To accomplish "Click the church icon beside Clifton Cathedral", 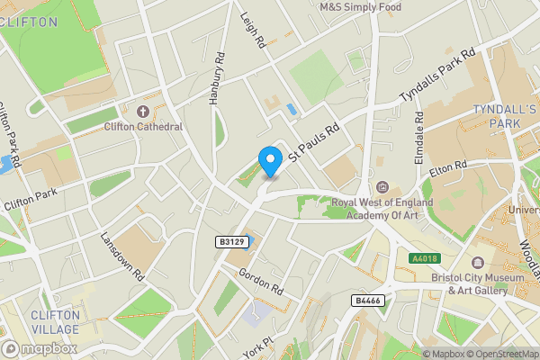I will coord(142,112).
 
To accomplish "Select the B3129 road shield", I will coord(231,242).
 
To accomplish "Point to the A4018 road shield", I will coord(425,258).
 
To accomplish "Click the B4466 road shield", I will coord(366,300).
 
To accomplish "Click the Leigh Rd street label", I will coord(253,30).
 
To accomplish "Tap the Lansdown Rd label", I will coord(122,258).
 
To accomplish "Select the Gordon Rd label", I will coord(262,282).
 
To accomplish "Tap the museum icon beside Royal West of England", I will coord(383,187).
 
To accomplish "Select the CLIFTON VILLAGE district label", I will coord(56,321).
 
